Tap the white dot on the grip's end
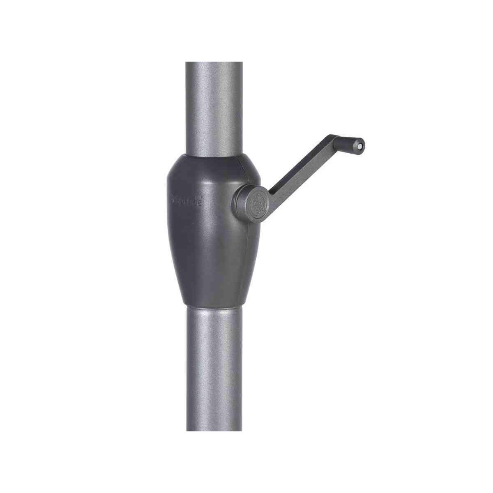(360, 145)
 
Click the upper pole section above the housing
(213, 107)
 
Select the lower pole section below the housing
(213, 370)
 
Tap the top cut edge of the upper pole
(213, 63)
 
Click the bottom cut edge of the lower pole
(213, 430)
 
